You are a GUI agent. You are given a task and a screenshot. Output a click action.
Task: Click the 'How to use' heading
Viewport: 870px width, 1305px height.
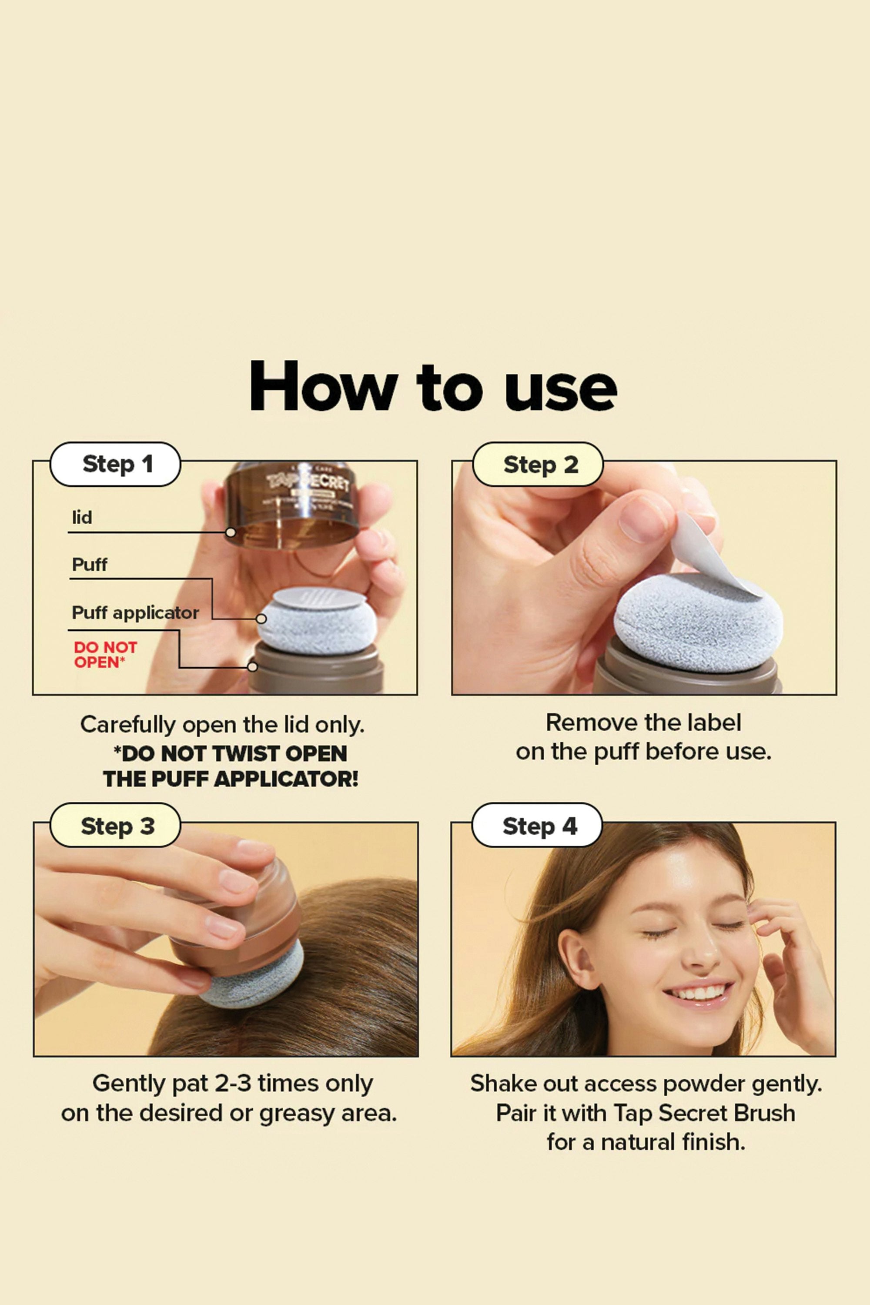coord(433,386)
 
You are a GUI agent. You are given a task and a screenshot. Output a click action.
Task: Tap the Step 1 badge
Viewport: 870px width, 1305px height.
coord(115,465)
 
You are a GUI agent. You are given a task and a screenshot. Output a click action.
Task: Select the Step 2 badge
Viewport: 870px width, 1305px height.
coord(538,465)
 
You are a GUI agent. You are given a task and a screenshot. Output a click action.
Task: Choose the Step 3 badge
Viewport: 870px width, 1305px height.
coord(115,825)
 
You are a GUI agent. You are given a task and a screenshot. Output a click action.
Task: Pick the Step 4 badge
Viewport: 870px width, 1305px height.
coord(537,825)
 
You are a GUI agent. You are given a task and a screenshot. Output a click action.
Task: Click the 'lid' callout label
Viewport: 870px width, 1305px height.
coord(82,518)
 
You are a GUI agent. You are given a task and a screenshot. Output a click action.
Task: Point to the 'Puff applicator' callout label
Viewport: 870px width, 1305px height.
coord(135,613)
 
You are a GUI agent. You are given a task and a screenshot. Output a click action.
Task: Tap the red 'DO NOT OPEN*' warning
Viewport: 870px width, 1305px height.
coord(105,655)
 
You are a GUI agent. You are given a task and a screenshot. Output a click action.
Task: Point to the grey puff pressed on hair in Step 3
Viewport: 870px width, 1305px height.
coord(252,975)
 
